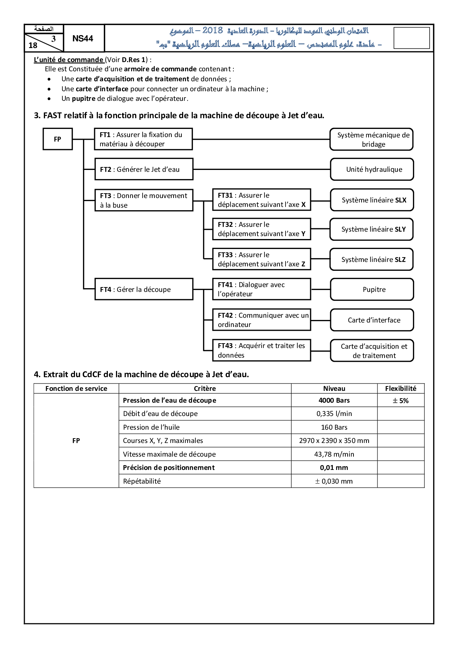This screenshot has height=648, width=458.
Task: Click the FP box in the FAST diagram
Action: (x=58, y=139)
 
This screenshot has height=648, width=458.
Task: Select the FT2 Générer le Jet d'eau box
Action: (x=144, y=169)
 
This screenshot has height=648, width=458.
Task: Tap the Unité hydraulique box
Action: (x=372, y=169)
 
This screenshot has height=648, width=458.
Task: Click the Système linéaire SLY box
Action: (x=372, y=229)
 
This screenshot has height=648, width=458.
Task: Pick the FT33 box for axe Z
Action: (x=262, y=259)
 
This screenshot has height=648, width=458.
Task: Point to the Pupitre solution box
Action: (x=372, y=290)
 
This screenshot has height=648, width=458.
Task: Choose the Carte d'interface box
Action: (x=372, y=320)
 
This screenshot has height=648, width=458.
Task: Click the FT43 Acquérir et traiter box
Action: (x=262, y=350)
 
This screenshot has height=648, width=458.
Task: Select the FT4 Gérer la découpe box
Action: (x=144, y=289)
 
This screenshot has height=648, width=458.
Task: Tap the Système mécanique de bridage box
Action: (x=371, y=139)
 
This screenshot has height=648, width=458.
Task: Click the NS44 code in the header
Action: (x=83, y=38)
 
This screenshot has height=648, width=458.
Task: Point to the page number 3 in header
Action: (x=54, y=39)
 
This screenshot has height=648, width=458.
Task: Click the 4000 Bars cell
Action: (x=334, y=400)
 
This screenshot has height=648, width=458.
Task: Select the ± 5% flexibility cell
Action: (x=401, y=400)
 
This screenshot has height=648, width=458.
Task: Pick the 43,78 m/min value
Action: (x=334, y=454)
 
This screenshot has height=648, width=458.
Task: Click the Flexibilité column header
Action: (x=401, y=388)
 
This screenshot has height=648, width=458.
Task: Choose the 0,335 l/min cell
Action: (x=334, y=414)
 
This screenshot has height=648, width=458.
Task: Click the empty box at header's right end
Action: (x=411, y=38)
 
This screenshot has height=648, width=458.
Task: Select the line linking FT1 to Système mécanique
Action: (x=261, y=139)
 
